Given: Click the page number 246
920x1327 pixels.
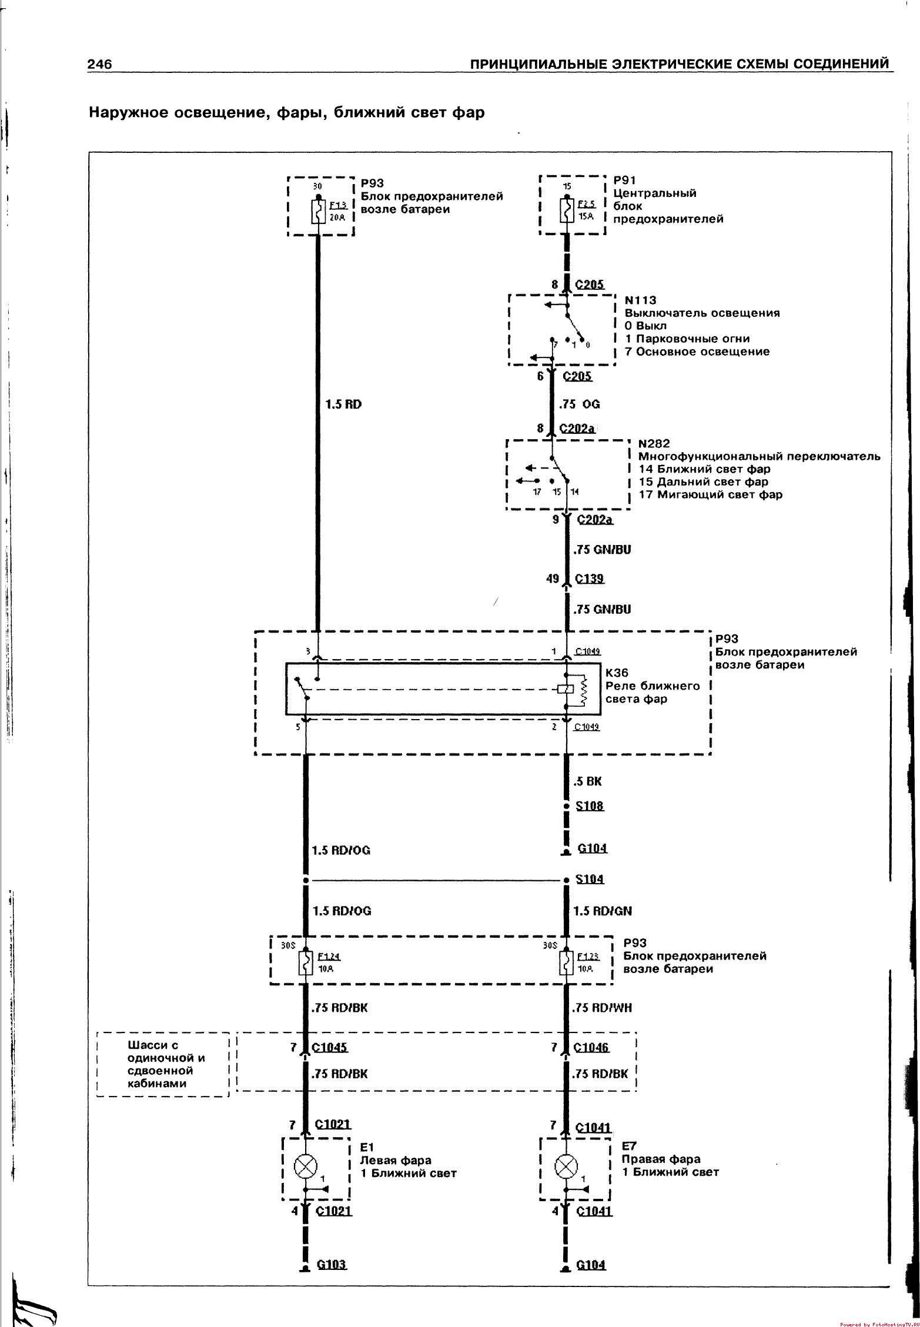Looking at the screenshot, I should pos(99,65).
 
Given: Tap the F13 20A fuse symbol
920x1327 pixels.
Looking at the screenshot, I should pos(318,211).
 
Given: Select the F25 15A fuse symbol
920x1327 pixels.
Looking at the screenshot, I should pos(567,210).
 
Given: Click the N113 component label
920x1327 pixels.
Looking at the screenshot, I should pos(640,300).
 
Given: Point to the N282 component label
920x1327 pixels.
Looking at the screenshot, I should pos(654,443).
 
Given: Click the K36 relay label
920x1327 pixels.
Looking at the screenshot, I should pos(617,673).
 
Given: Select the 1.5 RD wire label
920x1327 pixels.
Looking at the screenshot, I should pos(343,405).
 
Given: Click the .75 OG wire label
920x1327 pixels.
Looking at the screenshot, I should pos(580,405).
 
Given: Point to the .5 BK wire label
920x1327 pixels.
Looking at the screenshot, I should pos(587,781).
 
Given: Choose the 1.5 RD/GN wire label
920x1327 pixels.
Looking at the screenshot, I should pos(603,911).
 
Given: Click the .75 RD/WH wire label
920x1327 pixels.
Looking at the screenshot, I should pos(603,1008).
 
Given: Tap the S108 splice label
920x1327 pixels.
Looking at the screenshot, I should pos(590,806).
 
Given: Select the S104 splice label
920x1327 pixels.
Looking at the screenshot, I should pos(590,880).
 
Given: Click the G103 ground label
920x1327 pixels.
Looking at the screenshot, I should pos(332,1265).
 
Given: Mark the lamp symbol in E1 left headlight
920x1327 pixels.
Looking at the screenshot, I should pos(305,1166).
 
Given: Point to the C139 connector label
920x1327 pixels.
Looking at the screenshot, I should pos(590,579).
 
